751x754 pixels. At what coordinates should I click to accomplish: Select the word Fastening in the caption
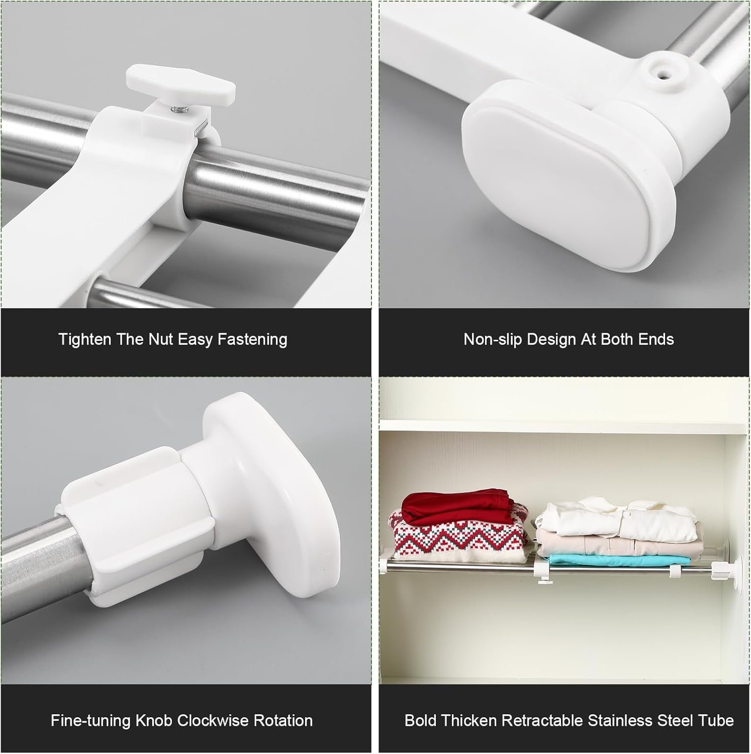tap(252, 339)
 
